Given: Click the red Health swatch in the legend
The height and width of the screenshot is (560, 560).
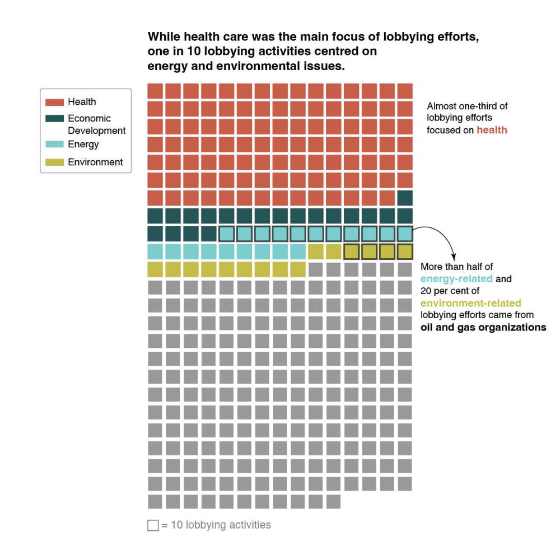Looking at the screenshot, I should (55, 102).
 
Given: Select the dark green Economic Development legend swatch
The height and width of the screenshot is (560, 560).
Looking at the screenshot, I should (55, 119).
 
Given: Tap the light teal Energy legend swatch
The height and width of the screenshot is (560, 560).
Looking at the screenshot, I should (55, 144).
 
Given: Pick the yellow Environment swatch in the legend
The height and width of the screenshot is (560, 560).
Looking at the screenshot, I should (55, 162).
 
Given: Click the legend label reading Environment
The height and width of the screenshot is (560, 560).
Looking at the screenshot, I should (95, 162).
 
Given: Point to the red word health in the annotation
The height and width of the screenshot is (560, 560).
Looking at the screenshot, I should (492, 130).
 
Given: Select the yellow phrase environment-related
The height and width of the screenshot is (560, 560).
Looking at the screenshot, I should (470, 304).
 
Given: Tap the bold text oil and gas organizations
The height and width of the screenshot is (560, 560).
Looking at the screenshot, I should (483, 328).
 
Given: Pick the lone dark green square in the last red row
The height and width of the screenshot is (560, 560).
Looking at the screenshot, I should (405, 198).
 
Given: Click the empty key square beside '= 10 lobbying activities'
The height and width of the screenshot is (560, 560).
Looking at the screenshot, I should (153, 525).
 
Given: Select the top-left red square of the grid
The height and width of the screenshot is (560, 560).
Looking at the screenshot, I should (155, 91).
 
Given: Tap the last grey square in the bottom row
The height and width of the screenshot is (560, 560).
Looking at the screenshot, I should (333, 502).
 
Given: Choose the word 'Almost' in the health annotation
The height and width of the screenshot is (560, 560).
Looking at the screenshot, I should (441, 106).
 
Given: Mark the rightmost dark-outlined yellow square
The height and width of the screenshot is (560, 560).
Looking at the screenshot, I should (405, 251).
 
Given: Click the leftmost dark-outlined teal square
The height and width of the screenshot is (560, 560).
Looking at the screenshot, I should (226, 234).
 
